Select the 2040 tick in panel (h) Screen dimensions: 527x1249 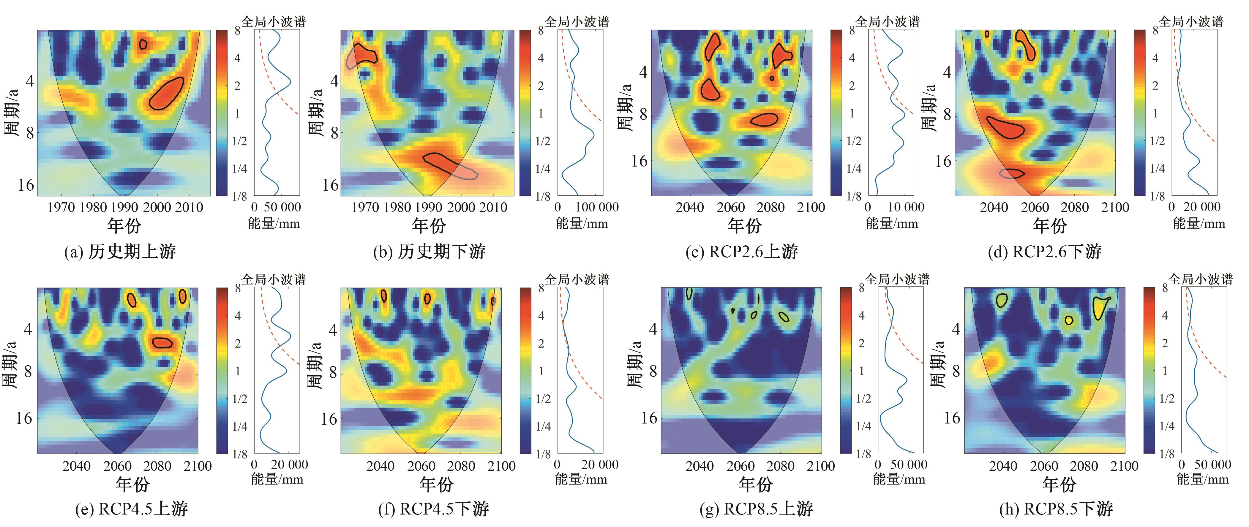[1003, 466]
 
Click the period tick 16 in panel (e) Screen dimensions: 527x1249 [23, 418]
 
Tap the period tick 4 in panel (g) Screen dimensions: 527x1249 [653, 329]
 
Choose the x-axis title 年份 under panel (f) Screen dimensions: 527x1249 [436, 484]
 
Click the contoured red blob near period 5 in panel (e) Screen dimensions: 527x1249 [162, 343]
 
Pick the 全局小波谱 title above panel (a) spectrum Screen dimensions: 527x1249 [274, 22]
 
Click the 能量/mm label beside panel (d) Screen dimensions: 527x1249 [1199, 223]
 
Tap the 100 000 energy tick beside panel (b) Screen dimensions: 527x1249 [596, 207]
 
